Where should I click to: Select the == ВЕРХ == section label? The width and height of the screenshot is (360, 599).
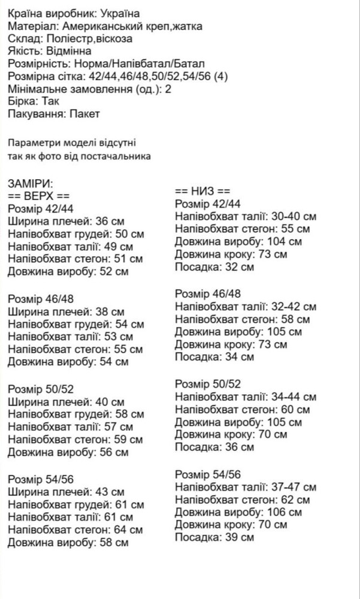point(39,196)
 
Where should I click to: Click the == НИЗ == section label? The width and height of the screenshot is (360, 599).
point(202,190)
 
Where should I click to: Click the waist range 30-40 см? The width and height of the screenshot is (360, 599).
point(293,216)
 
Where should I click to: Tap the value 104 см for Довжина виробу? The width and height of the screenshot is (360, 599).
point(284,241)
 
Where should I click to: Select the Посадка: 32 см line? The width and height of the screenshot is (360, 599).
point(214,267)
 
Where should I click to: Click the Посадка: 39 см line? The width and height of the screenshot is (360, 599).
point(214,537)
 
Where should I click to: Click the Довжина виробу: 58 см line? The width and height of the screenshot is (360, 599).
point(68,543)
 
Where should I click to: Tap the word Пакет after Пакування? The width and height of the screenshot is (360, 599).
point(84,114)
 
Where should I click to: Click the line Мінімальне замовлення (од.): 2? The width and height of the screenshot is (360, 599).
point(90,89)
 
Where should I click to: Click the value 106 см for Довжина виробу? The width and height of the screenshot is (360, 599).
point(284,512)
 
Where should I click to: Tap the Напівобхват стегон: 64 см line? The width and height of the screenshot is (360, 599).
point(75,530)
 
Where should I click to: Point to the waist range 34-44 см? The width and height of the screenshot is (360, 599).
point(293,397)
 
